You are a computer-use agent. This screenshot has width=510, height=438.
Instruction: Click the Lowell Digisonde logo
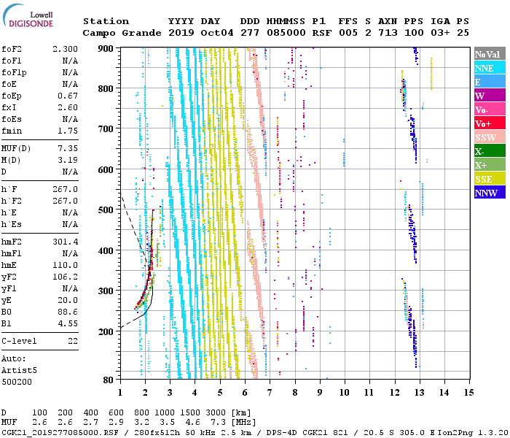coord(28,15)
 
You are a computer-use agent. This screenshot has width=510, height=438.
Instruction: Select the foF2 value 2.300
coord(65,49)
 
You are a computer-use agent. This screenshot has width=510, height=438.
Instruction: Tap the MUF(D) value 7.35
coord(68,148)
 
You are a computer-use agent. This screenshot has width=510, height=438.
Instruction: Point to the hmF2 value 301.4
coord(65,242)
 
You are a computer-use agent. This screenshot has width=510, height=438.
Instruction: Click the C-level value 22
coord(73,341)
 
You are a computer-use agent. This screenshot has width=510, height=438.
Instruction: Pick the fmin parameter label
coord(12,131)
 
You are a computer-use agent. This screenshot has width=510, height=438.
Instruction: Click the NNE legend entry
coord(490,68)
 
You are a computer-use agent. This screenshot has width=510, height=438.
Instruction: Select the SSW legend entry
coord(490,137)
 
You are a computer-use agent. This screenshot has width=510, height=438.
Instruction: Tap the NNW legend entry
coord(490,193)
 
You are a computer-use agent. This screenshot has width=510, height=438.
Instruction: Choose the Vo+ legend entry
coord(490,123)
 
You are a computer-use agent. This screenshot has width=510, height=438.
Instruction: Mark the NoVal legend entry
coord(490,54)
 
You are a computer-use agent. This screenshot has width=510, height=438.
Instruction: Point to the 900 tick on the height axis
coord(106,49)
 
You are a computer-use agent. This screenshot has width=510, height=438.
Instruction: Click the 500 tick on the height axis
coord(106,210)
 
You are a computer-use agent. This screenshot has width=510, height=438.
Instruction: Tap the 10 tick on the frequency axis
coord(345,393)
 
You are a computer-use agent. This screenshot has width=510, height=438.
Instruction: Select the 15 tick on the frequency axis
coord(468,393)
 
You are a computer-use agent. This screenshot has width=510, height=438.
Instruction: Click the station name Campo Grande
coord(122,33)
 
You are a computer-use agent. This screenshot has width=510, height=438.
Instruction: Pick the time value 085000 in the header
coord(286,33)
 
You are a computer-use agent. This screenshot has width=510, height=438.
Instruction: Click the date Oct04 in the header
coord(217,33)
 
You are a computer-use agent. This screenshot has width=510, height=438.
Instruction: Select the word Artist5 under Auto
coord(19,371)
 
